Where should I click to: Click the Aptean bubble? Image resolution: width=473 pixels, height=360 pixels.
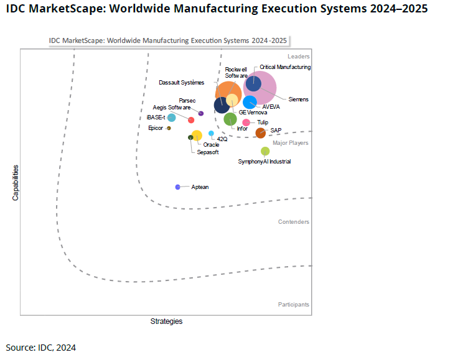point(178,187)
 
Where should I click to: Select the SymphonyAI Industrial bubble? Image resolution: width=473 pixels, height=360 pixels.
point(265,151)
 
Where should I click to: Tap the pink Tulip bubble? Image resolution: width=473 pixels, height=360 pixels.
point(246,122)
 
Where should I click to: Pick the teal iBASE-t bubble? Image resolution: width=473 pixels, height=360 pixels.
point(172,118)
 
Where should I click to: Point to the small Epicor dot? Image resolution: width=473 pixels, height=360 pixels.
point(169,128)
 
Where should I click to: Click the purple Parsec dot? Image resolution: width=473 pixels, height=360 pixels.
point(201,113)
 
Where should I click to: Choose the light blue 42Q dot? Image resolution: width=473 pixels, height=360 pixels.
point(212,133)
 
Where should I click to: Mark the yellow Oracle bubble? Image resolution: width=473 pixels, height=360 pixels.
point(197,135)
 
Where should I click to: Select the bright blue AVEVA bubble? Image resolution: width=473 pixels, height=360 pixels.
point(250,102)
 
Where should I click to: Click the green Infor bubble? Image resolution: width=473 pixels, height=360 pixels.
point(230,119)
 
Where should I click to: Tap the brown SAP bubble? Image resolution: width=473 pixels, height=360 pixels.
point(261,132)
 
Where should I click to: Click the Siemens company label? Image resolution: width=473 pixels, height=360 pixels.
point(299,99)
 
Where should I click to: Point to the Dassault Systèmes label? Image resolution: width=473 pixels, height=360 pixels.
point(181,82)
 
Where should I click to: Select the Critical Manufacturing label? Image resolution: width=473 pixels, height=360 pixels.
point(285,67)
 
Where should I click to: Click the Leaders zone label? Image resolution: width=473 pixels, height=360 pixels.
point(298,57)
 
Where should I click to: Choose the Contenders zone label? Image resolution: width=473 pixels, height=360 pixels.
point(294,222)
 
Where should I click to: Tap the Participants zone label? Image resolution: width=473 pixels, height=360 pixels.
point(294,305)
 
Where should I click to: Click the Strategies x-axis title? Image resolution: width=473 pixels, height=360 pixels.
point(166,321)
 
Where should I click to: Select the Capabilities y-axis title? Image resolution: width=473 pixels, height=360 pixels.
point(15,182)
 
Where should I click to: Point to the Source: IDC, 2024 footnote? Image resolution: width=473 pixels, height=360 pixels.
point(41,348)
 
